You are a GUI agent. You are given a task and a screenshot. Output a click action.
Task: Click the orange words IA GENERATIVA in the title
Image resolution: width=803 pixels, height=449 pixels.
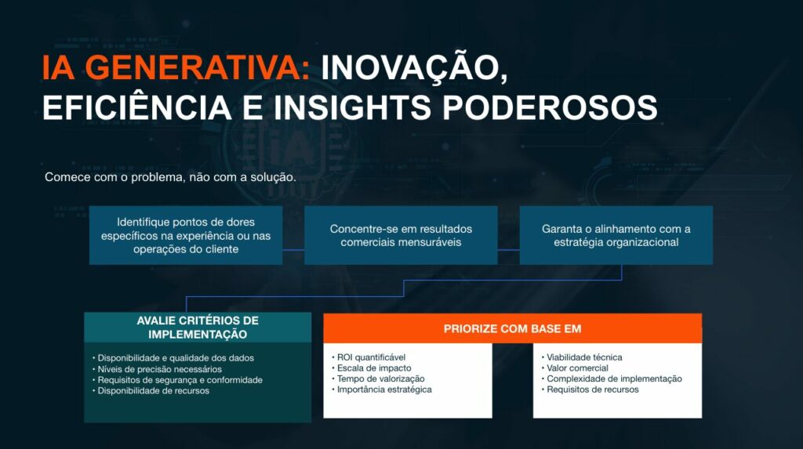coord(176,67)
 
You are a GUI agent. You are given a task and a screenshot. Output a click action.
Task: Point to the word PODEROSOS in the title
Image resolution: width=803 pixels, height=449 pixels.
coord(550,107)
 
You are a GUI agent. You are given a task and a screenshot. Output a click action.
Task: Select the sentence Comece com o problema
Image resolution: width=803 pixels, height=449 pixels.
coord(170,177)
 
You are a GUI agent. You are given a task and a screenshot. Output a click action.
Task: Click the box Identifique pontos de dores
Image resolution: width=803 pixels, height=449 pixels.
coord(186,236)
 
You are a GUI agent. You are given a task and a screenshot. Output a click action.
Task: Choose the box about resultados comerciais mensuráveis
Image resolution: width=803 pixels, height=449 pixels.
coord(401,236)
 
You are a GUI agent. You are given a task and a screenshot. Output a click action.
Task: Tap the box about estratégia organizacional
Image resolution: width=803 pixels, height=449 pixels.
coord(616,236)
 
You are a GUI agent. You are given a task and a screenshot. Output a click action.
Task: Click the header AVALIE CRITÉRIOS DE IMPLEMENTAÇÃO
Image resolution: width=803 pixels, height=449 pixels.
coord(198,327)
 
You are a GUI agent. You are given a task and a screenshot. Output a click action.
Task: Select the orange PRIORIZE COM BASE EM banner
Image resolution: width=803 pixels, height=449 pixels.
coord(513,328)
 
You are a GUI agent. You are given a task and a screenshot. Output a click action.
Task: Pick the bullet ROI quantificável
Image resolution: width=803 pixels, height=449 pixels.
coord(369,357)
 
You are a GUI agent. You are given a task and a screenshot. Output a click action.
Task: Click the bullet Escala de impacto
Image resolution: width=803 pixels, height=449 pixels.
coord(371,368)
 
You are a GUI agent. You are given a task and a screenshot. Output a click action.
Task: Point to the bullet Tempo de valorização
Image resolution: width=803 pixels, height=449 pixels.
coord(378,378)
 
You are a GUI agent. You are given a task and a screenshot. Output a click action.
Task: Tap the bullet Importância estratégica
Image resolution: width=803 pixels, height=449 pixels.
coord(382,389)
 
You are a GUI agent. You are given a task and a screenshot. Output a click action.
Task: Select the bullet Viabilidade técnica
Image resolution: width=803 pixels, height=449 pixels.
coord(582,357)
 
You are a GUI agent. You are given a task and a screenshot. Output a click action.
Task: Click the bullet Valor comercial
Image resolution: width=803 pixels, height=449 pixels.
coord(575,368)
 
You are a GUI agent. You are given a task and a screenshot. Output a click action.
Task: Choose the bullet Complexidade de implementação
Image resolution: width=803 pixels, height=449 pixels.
coord(612,378)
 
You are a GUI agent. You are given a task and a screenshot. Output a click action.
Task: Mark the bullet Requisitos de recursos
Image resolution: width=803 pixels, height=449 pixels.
coord(590,389)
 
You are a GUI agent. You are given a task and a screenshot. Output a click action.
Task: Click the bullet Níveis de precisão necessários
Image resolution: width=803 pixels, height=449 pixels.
coord(157,369)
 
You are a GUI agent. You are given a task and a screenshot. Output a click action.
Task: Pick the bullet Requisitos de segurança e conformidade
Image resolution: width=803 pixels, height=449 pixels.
coord(177,380)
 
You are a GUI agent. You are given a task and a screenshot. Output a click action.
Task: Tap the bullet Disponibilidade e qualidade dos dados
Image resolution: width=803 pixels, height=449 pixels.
coord(173,358)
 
